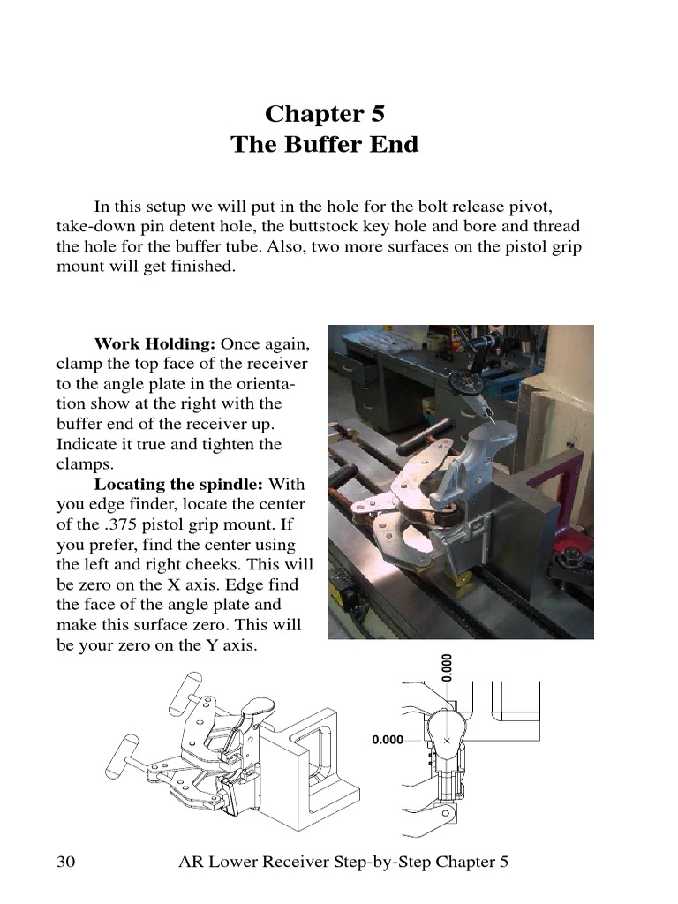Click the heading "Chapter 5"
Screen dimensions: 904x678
(325, 114)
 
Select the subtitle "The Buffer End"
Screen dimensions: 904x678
(325, 144)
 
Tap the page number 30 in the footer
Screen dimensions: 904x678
(66, 861)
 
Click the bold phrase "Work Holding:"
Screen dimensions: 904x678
(155, 343)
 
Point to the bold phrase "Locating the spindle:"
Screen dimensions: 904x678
(179, 485)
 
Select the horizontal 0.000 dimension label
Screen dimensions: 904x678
(388, 740)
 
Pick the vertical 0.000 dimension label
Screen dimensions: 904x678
(447, 667)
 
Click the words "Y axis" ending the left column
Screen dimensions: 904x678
(230, 645)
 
